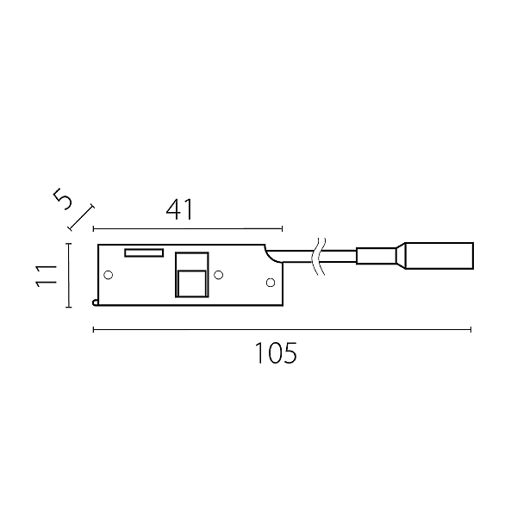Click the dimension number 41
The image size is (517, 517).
180,210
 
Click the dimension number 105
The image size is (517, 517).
277,352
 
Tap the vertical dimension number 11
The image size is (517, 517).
47,276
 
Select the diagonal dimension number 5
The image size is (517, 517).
63,198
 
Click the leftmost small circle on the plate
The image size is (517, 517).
109,275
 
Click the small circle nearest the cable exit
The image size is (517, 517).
271,283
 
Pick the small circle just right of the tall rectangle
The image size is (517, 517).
219,275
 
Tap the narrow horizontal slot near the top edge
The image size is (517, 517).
144,252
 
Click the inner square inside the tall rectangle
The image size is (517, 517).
192,283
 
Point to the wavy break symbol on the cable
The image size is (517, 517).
319,257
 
